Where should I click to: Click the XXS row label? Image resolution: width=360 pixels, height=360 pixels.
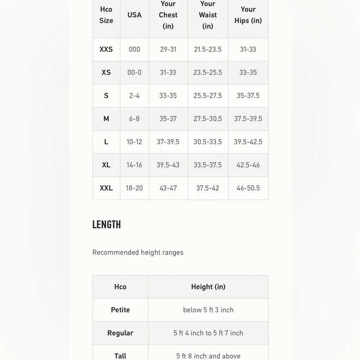click(x=106, y=49)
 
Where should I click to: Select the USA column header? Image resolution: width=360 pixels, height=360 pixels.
click(x=134, y=15)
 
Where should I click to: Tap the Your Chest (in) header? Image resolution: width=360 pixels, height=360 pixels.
click(x=168, y=15)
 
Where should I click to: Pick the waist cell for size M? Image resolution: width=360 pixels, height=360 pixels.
click(x=208, y=119)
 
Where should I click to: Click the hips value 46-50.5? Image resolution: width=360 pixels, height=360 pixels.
click(x=248, y=188)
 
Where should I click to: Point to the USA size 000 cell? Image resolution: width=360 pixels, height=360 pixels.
click(x=134, y=49)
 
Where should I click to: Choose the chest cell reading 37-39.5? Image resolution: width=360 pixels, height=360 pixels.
click(x=168, y=142)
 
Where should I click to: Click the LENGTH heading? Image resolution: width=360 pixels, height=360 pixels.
click(x=107, y=225)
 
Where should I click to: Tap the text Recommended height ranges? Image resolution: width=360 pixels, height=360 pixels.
click(x=138, y=252)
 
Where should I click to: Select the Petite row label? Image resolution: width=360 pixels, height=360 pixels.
click(x=120, y=310)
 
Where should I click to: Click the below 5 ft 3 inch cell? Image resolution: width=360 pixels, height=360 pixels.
click(x=208, y=310)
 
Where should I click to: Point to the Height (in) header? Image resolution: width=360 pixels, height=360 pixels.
click(x=208, y=287)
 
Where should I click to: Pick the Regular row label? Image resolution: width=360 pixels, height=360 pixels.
click(x=120, y=333)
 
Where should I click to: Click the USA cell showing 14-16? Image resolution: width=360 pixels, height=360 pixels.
click(x=134, y=165)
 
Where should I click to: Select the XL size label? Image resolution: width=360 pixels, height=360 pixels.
click(x=106, y=165)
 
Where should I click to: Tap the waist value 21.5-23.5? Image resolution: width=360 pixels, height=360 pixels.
click(x=208, y=49)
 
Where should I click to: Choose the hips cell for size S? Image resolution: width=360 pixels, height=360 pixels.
click(x=248, y=96)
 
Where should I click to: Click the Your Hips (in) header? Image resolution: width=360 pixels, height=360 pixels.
click(x=248, y=15)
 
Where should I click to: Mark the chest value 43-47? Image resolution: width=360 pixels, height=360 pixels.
click(x=168, y=188)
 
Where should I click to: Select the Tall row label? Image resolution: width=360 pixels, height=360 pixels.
click(x=120, y=356)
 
